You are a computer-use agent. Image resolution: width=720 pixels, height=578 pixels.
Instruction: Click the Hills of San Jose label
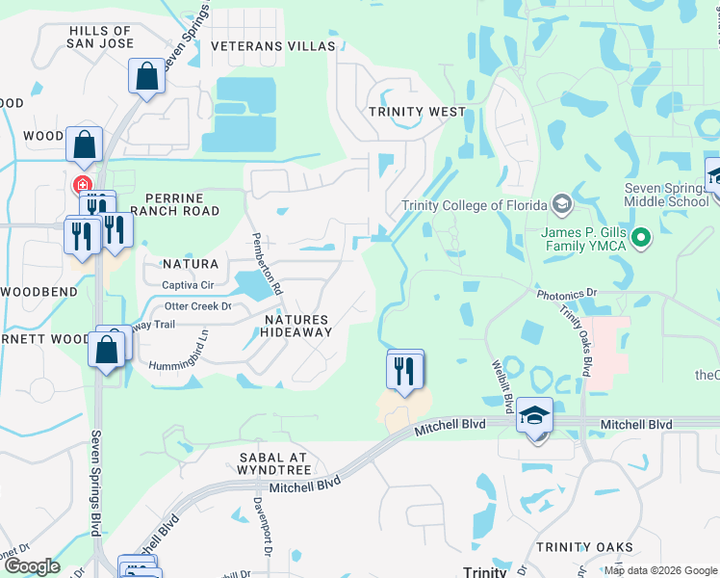(x=100, y=38)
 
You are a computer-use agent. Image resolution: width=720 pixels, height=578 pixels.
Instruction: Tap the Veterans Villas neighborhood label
(x=273, y=46)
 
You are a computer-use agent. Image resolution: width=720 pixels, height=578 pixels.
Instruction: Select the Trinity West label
(x=418, y=112)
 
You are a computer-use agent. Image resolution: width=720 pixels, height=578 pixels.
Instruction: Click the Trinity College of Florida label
(x=475, y=204)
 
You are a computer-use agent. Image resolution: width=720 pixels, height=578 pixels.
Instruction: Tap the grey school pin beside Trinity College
(x=562, y=204)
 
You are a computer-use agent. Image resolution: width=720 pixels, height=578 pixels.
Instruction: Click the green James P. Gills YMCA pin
(x=643, y=236)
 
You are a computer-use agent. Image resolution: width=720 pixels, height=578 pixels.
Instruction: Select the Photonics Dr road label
(x=566, y=291)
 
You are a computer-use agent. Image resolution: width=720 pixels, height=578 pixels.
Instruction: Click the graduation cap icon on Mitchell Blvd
(x=534, y=414)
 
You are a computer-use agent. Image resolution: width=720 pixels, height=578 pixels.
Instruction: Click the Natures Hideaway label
(x=296, y=326)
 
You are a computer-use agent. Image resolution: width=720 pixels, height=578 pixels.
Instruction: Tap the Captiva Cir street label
(x=187, y=285)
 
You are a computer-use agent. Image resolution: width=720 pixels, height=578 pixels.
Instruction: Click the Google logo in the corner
(x=32, y=566)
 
